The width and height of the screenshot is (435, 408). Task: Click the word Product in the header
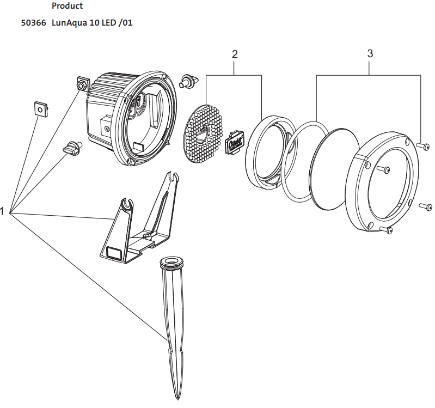coord(67,6)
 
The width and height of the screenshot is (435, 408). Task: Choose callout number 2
coord(235,54)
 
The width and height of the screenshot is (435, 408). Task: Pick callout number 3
coord(370,53)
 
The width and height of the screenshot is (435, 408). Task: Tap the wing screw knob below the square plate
coord(73,148)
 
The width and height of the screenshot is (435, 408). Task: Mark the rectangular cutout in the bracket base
coord(114,252)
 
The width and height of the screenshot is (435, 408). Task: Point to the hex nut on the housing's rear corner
coord(82,84)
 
